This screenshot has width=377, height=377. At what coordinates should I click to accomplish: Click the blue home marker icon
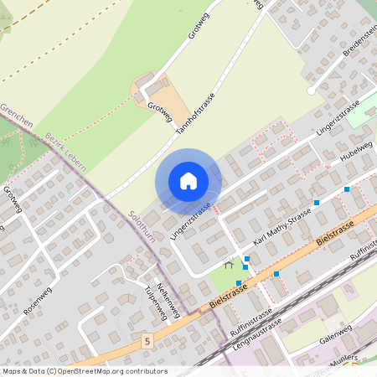(x=188, y=181)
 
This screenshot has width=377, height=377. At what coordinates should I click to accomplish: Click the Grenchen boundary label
(x=17, y=116)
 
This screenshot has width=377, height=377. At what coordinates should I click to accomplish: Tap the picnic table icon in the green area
(x=227, y=265)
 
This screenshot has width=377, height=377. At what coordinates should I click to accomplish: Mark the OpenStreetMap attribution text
(x=84, y=370)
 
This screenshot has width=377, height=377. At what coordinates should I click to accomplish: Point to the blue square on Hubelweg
(x=347, y=189)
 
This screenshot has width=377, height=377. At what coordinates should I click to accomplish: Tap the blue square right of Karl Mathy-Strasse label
(x=317, y=203)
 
